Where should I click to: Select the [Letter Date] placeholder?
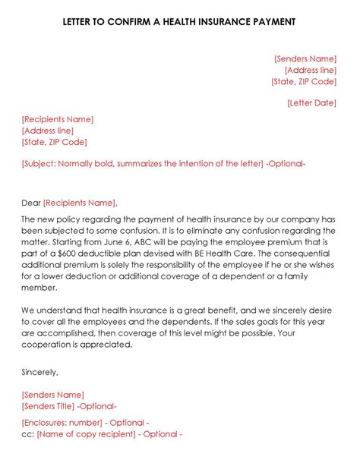tap(311, 103)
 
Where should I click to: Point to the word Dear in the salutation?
tap(30, 203)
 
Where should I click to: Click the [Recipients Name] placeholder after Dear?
tap(80, 203)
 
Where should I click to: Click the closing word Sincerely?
tap(39, 372)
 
